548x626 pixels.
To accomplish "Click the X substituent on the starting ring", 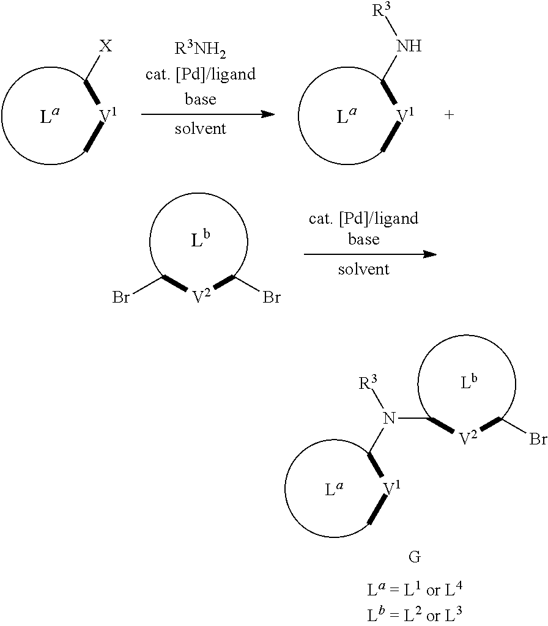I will [105, 47].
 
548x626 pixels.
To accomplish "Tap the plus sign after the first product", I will [449, 115].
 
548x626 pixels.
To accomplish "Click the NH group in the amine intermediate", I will [409, 46].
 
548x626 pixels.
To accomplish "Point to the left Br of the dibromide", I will [120, 298].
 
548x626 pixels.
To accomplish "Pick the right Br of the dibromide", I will [272, 298].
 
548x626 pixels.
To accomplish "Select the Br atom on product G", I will [538, 440].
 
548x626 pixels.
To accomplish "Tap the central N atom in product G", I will [390, 419].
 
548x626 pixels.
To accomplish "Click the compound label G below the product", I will [414, 557].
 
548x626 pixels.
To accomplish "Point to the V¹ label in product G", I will [392, 488].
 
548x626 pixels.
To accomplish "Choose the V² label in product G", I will [468, 438].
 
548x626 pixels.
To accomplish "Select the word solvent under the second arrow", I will [363, 269].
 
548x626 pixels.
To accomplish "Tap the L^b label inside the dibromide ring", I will [200, 240].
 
